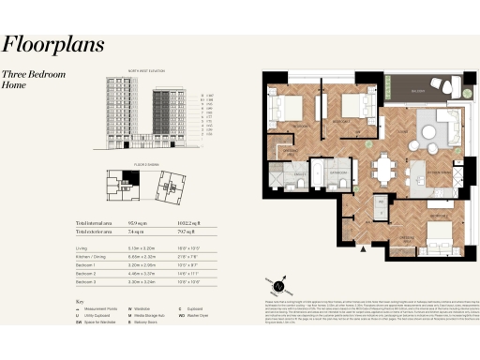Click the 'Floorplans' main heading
click(x=52, y=44)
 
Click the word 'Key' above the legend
click(x=79, y=301)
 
